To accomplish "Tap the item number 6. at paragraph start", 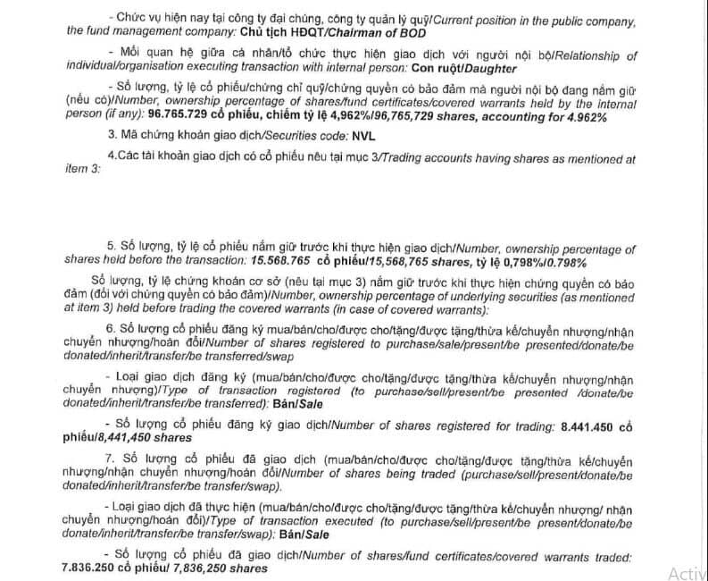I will pos(111,328).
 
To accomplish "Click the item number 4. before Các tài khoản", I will pos(110,158).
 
